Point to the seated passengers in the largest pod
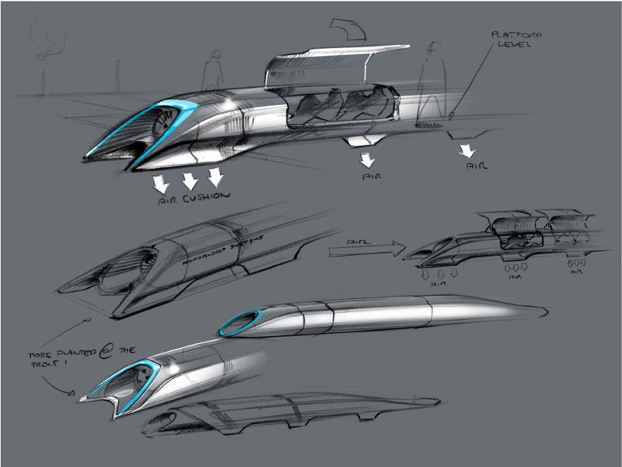pyautogui.click(x=342, y=105)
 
